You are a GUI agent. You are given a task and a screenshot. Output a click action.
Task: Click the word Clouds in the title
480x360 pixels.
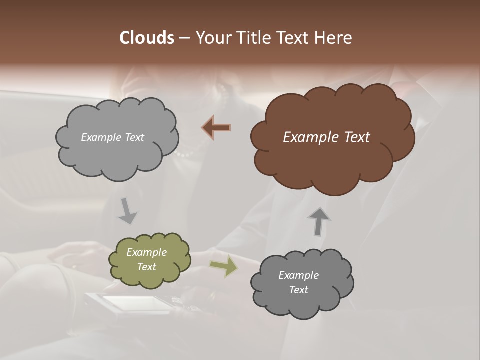146,38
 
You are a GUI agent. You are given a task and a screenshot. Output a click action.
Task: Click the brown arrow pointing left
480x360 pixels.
216,128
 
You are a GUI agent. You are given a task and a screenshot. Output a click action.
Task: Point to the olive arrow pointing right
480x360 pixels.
223,266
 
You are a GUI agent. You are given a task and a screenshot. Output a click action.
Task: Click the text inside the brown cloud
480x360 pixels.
326,137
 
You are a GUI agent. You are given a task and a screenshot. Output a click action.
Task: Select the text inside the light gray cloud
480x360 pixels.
112,137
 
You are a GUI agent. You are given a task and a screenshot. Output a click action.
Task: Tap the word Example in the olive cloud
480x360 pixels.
146,252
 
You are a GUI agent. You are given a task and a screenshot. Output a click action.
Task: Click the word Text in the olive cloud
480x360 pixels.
146,267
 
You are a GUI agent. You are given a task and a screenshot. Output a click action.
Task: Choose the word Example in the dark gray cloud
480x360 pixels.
298,275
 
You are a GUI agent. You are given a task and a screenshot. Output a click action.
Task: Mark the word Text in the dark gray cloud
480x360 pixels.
298,290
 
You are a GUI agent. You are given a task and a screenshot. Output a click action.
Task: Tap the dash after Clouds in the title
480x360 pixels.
184,38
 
